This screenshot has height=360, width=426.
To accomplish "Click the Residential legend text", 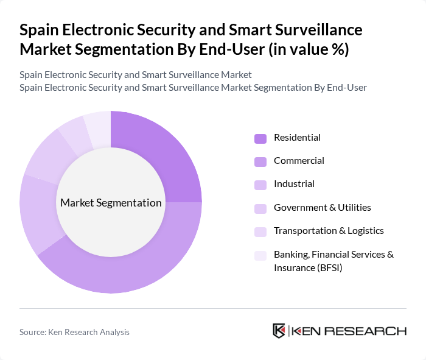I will (x=297, y=138).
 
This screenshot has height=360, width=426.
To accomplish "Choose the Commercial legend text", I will (x=299, y=161).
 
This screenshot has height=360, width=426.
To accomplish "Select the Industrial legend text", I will (x=294, y=184).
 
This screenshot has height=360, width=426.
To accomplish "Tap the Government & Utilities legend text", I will (x=322, y=207).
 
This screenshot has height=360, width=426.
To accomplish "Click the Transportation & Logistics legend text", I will (x=329, y=230).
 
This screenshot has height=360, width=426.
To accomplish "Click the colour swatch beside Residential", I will (x=260, y=138).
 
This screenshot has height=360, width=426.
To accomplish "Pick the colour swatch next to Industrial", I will (x=260, y=185).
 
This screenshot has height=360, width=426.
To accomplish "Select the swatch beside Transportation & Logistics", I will (x=260, y=231).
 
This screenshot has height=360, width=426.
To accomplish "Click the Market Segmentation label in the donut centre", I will (x=111, y=203).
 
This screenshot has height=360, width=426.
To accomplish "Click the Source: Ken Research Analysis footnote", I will (x=74, y=332).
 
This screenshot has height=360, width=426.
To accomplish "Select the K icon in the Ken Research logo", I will (x=279, y=331).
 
